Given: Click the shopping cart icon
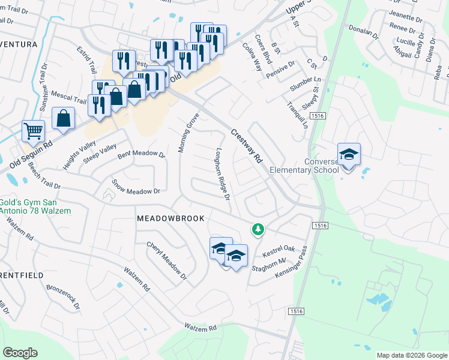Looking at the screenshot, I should (x=34, y=130).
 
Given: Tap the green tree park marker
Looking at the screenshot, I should (x=258, y=229).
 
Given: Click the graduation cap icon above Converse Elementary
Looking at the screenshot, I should (x=349, y=154).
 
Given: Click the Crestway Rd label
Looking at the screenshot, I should (x=247, y=146).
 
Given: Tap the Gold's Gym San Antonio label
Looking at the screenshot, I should (x=35, y=206).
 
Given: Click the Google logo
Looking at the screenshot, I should (x=20, y=353).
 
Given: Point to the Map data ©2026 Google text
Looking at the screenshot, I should (x=411, y=355).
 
